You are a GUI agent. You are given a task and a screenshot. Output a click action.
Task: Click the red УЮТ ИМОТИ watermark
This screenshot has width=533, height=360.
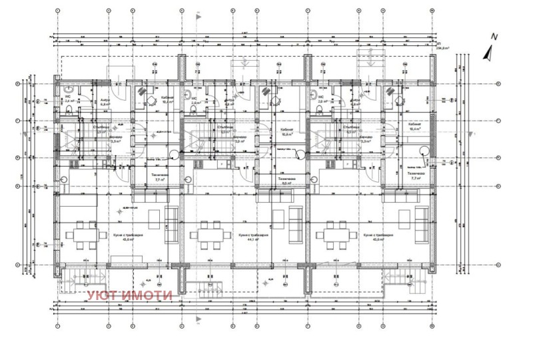coord(130,295)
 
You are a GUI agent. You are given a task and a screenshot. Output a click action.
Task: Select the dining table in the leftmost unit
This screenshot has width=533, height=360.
coord(80,235)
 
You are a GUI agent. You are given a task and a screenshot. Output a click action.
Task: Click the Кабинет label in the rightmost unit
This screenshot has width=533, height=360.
coord(405,100)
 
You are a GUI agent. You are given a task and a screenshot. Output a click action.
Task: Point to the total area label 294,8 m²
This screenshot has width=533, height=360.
coord(442,49)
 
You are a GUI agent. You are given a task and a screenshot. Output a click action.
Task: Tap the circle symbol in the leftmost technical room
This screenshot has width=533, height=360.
coord(174,155)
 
